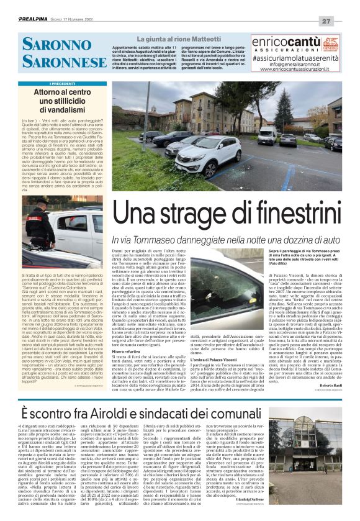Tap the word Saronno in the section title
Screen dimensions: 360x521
pos(56,44)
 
